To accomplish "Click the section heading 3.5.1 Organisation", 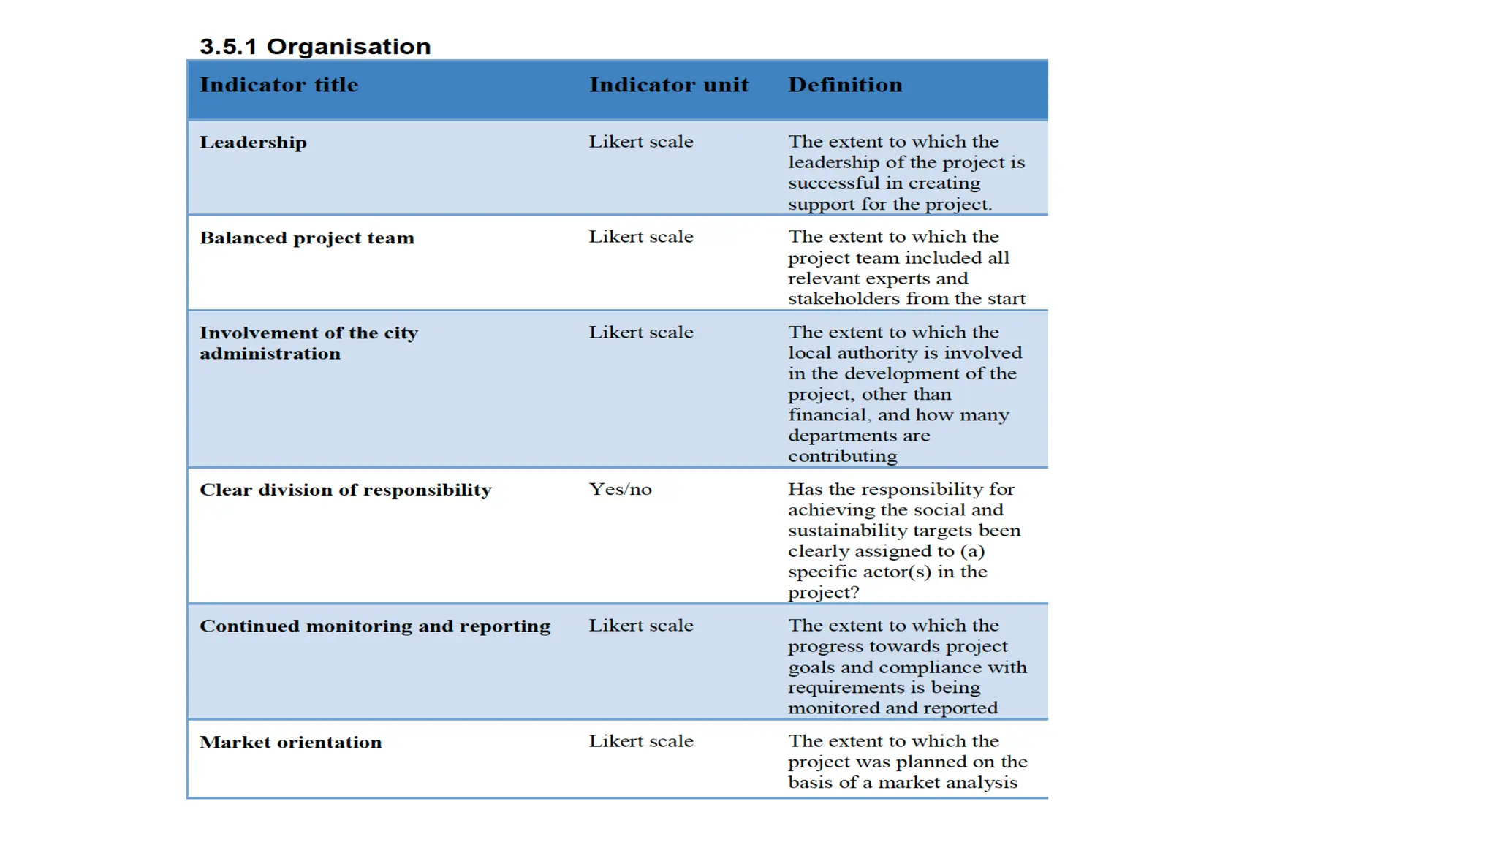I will pyautogui.click(x=315, y=47).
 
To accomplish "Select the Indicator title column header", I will pyautogui.click(x=279, y=85).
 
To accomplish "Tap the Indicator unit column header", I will pyautogui.click(x=669, y=85).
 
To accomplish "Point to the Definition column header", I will pyautogui.click(x=845, y=85).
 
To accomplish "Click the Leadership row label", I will pyautogui.click(x=253, y=143).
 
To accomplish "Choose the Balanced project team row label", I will pyautogui.click(x=307, y=238).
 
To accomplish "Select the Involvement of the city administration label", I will pyautogui.click(x=308, y=344).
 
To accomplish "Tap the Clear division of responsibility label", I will pyautogui.click(x=346, y=490).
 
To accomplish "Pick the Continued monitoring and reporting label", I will pyautogui.click(x=375, y=626).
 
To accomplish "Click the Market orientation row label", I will pyautogui.click(x=291, y=743).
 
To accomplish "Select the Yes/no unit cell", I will pyautogui.click(x=620, y=490).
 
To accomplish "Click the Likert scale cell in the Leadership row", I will pyautogui.click(x=641, y=142).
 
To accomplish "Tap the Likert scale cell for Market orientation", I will pyautogui.click(x=641, y=741).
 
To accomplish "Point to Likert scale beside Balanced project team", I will pyautogui.click(x=641, y=237).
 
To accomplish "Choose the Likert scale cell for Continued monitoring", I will pyautogui.click(x=641, y=626).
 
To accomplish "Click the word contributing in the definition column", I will pyautogui.click(x=842, y=457).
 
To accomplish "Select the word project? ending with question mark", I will pyautogui.click(x=824, y=593).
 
